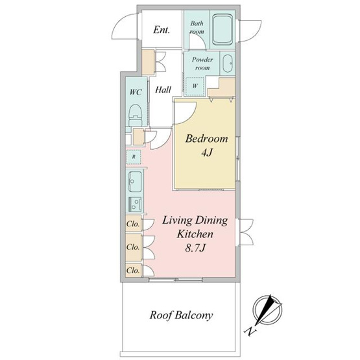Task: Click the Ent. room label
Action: pyautogui.click(x=162, y=30)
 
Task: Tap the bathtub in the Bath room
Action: pyautogui.click(x=222, y=29)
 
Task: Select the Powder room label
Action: pyautogui.click(x=202, y=64)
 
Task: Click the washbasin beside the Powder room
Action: pyautogui.click(x=228, y=64)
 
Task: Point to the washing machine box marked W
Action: pyautogui.click(x=195, y=86)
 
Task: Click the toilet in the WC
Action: pyautogui.click(x=136, y=115)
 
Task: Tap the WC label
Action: pyautogui.click(x=136, y=92)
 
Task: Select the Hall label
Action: pyautogui.click(x=163, y=90)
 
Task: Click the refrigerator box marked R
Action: pyautogui.click(x=134, y=157)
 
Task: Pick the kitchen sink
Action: pyautogui.click(x=135, y=182)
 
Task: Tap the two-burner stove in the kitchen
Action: pyautogui.click(x=135, y=204)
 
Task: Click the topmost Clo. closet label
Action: pyautogui.click(x=133, y=224)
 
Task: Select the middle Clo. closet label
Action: pyautogui.click(x=133, y=247)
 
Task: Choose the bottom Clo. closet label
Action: pyautogui.click(x=133, y=270)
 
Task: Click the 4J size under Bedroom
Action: pyautogui.click(x=207, y=152)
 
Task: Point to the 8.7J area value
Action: pyautogui.click(x=195, y=248)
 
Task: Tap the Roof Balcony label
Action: pyautogui.click(x=181, y=315)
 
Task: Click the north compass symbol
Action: pyautogui.click(x=267, y=309)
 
